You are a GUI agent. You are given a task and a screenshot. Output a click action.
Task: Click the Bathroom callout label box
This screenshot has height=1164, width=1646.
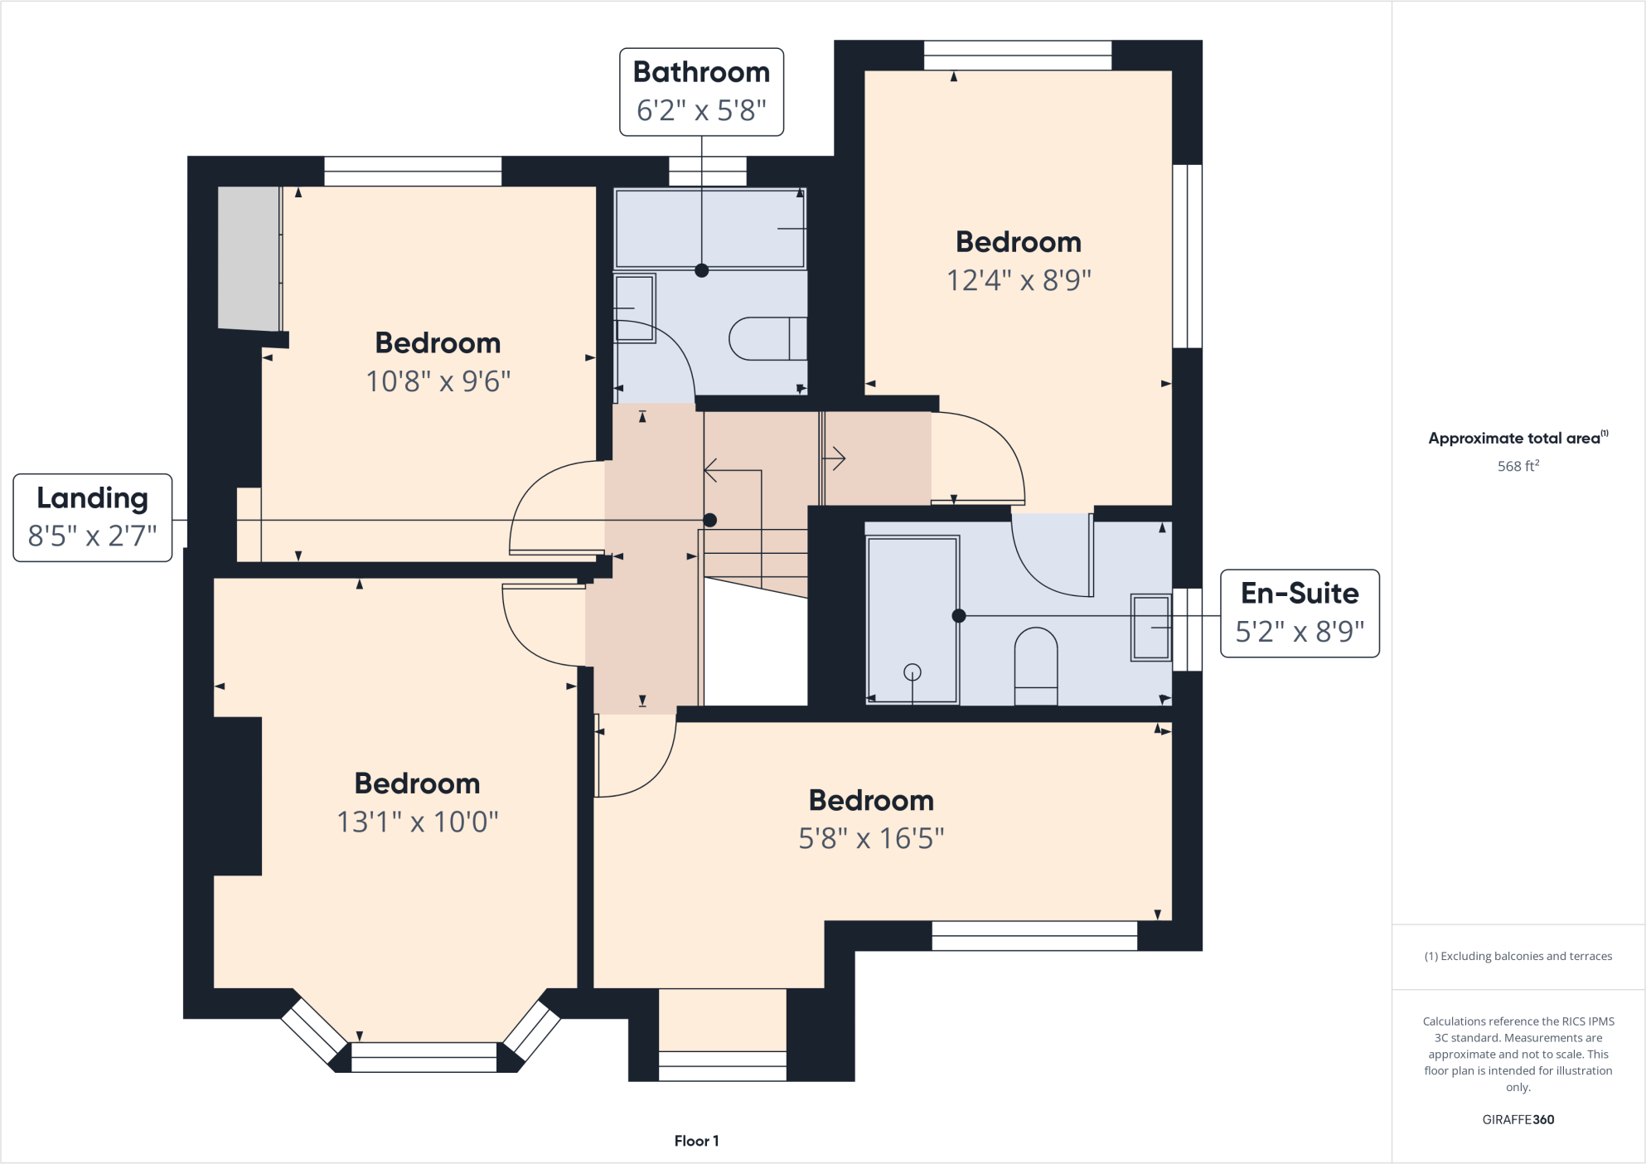tap(701, 91)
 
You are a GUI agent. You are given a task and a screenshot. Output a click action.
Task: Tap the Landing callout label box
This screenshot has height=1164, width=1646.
tap(92, 517)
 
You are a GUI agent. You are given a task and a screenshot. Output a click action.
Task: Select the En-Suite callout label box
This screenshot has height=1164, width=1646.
tap(1299, 613)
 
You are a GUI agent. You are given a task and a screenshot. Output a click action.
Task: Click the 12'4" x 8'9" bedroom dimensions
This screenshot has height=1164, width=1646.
tap(1019, 280)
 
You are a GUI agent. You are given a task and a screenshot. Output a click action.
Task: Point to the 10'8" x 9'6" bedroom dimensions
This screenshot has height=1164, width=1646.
tap(438, 381)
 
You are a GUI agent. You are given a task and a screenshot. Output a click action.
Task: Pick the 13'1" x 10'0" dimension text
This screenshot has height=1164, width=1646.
tap(417, 822)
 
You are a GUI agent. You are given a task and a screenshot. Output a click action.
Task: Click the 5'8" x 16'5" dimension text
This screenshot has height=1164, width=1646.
tap(871, 838)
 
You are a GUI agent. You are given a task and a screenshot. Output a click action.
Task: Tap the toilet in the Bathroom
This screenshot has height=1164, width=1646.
tap(766, 338)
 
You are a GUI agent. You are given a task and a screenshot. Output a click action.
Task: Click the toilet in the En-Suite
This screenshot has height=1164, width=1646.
tap(1036, 663)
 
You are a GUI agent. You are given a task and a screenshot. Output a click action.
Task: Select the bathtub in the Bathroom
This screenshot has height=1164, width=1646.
tap(709, 228)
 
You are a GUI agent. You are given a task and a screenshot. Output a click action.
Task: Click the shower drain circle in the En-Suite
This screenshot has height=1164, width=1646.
tap(913, 672)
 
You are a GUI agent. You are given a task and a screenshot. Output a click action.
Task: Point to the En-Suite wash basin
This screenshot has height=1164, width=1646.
tap(1150, 628)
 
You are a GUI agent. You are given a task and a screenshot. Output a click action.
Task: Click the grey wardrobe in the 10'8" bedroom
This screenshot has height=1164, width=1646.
tap(248, 258)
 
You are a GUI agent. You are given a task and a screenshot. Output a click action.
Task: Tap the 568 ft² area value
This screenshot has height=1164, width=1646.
tap(1518, 466)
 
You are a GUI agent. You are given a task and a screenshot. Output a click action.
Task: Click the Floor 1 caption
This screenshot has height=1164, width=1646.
tap(696, 1141)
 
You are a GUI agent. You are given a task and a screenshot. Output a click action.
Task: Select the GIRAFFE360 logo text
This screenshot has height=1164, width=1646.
tap(1518, 1119)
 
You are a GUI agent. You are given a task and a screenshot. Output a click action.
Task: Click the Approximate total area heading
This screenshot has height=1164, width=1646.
tap(1515, 438)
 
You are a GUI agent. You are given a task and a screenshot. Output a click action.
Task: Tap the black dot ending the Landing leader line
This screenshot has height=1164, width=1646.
tap(709, 520)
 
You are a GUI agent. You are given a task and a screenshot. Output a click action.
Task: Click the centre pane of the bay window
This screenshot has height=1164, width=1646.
tap(424, 1057)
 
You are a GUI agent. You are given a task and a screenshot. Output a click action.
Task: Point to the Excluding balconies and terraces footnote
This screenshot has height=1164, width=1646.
tap(1518, 956)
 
